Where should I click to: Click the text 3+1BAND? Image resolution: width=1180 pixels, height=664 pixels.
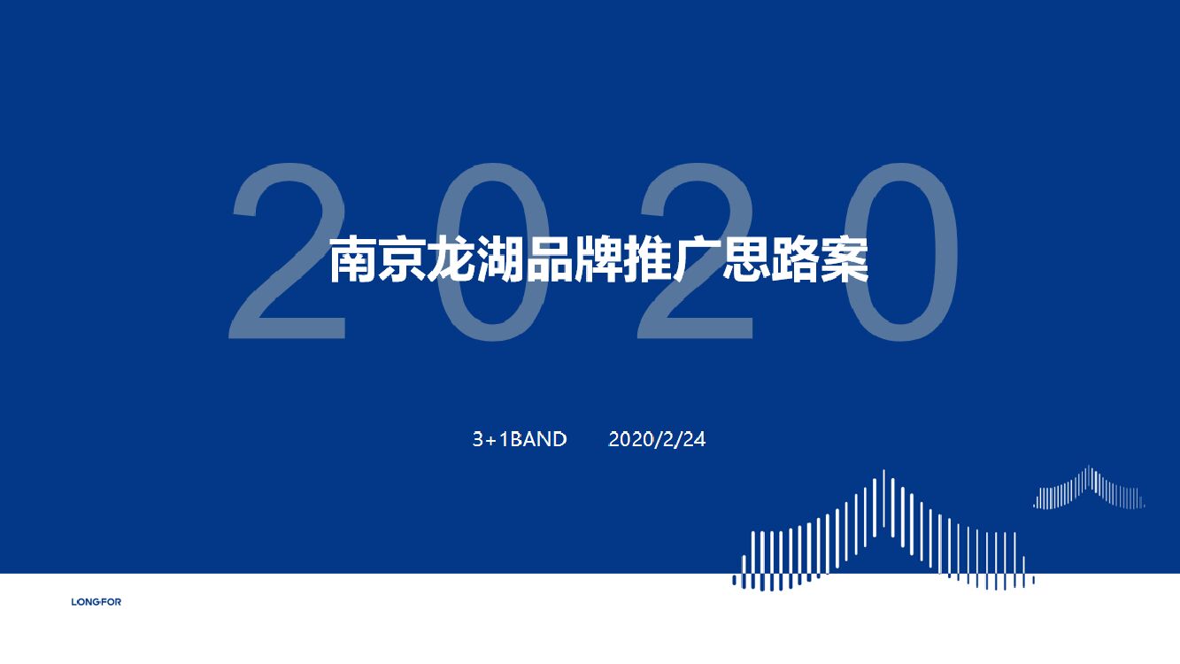tap(520, 439)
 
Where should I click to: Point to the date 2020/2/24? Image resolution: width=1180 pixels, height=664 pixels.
tap(657, 439)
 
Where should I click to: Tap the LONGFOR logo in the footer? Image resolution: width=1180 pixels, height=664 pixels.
tap(96, 602)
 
